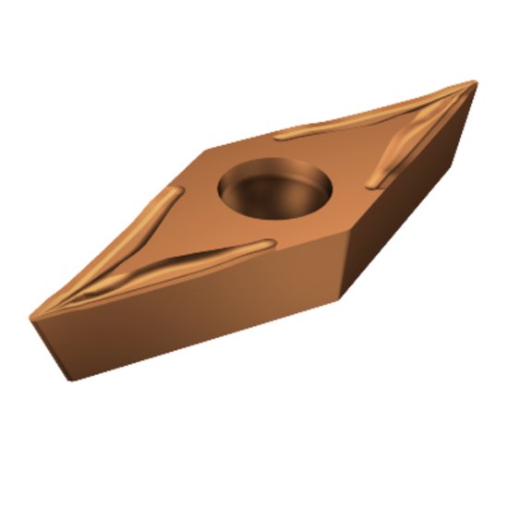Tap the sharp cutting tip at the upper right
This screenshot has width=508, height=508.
click(x=476, y=82)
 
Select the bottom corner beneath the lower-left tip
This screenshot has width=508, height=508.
click(x=69, y=380)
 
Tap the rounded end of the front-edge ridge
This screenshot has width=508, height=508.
click(x=272, y=244)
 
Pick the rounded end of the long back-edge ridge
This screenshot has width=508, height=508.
click(x=281, y=136)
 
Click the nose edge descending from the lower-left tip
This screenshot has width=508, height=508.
click(x=51, y=350)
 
